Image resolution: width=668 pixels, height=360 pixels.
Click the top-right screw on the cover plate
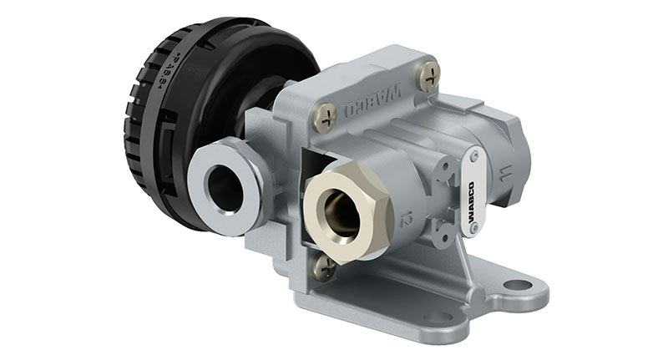click(x=429, y=77)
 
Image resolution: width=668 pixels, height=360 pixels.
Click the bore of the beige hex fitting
click(x=343, y=214)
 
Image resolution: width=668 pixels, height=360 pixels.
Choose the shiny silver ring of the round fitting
click(x=205, y=180)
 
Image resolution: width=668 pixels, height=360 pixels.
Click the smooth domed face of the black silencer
click(x=250, y=71)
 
